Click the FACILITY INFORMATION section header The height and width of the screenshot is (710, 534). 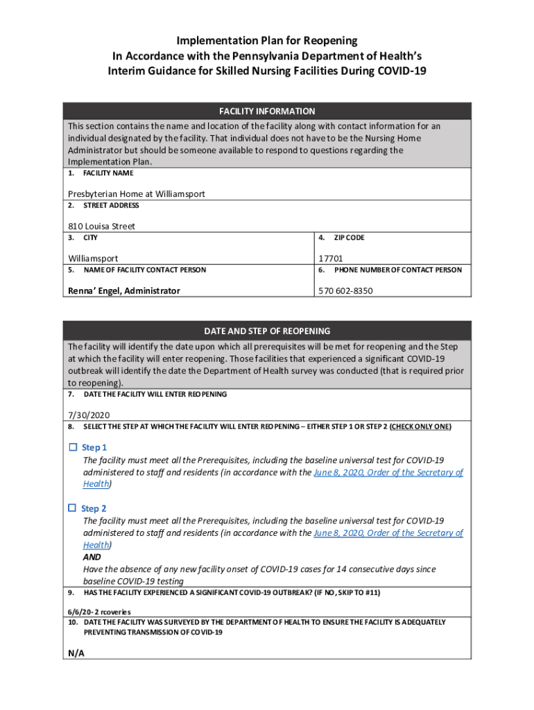click(x=267, y=111)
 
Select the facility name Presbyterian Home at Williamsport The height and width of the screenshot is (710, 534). click(x=136, y=194)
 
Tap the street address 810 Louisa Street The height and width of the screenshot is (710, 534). click(x=101, y=226)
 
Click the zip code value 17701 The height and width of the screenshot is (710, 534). click(x=331, y=259)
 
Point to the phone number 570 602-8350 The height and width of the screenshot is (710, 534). click(x=345, y=291)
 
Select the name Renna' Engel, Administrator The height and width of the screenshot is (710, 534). click(x=123, y=291)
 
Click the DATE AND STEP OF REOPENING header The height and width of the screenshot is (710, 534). click(x=267, y=331)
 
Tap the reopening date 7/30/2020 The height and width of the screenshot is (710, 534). click(x=89, y=415)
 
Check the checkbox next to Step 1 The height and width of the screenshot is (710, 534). click(x=73, y=447)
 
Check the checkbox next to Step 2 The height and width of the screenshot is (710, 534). click(x=73, y=508)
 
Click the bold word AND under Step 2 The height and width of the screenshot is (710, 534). click(x=92, y=557)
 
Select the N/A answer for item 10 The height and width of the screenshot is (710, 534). click(x=76, y=654)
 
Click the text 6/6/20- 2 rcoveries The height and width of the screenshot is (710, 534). click(x=99, y=612)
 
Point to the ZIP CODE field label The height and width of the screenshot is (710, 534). click(x=349, y=238)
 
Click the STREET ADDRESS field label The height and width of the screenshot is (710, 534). click(x=111, y=206)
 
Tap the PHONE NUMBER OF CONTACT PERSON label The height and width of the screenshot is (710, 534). click(x=397, y=270)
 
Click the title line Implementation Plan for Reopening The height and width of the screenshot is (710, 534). click(x=267, y=41)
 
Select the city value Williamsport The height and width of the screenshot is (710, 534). click(x=92, y=259)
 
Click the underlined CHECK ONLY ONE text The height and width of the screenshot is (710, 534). click(x=420, y=427)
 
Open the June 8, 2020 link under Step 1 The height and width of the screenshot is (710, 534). click(x=388, y=472)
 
